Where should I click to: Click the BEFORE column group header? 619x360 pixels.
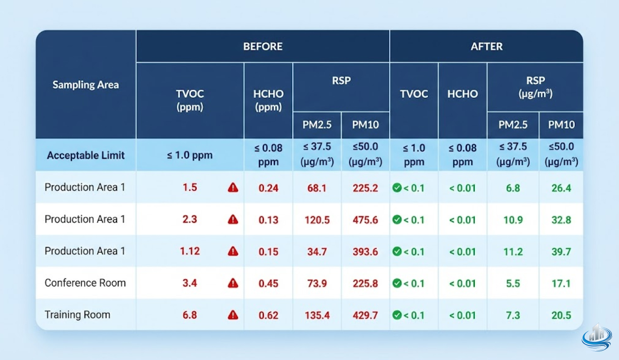[263, 46]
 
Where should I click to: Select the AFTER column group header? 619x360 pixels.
[486, 46]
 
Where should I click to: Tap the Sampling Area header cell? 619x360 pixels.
[86, 85]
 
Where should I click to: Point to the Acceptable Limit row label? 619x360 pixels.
[86, 155]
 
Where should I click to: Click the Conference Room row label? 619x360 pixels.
[85, 283]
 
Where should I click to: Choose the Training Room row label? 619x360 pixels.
[77, 315]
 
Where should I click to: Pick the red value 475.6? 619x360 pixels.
[365, 220]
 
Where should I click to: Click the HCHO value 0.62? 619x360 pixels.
[268, 315]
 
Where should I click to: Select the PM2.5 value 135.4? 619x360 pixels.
[317, 315]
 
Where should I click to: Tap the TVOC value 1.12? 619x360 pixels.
[190, 251]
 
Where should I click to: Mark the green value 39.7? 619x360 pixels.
[561, 252]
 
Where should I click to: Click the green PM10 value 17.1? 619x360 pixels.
[561, 283]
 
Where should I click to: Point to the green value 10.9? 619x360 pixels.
[513, 220]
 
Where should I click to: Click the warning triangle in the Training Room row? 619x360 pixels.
[233, 315]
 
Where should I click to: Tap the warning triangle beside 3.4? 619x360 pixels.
[233, 283]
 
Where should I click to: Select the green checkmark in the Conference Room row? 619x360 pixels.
[397, 283]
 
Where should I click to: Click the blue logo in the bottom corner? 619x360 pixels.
[597, 338]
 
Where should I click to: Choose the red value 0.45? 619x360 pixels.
[268, 283]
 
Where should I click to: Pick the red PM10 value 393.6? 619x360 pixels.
[365, 252]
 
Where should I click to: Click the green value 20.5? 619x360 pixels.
[561, 315]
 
